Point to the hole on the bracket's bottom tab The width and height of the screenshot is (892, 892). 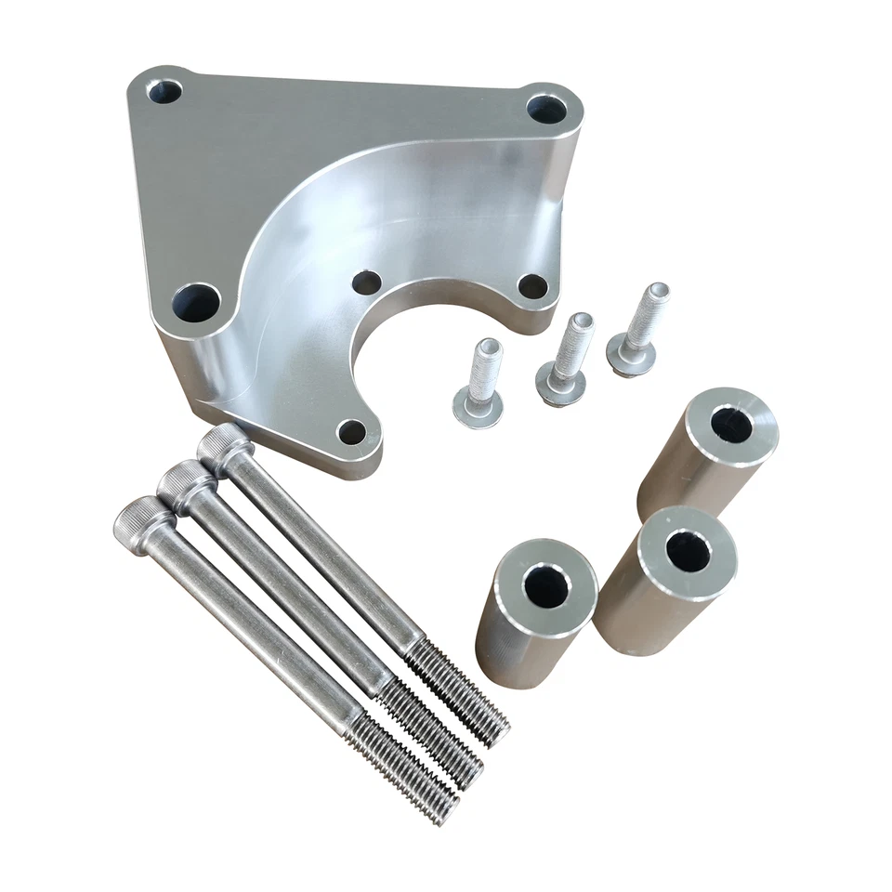click(x=351, y=430)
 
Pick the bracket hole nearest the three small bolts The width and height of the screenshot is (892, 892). click(x=532, y=286)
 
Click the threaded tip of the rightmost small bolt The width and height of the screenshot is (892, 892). click(x=657, y=295)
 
